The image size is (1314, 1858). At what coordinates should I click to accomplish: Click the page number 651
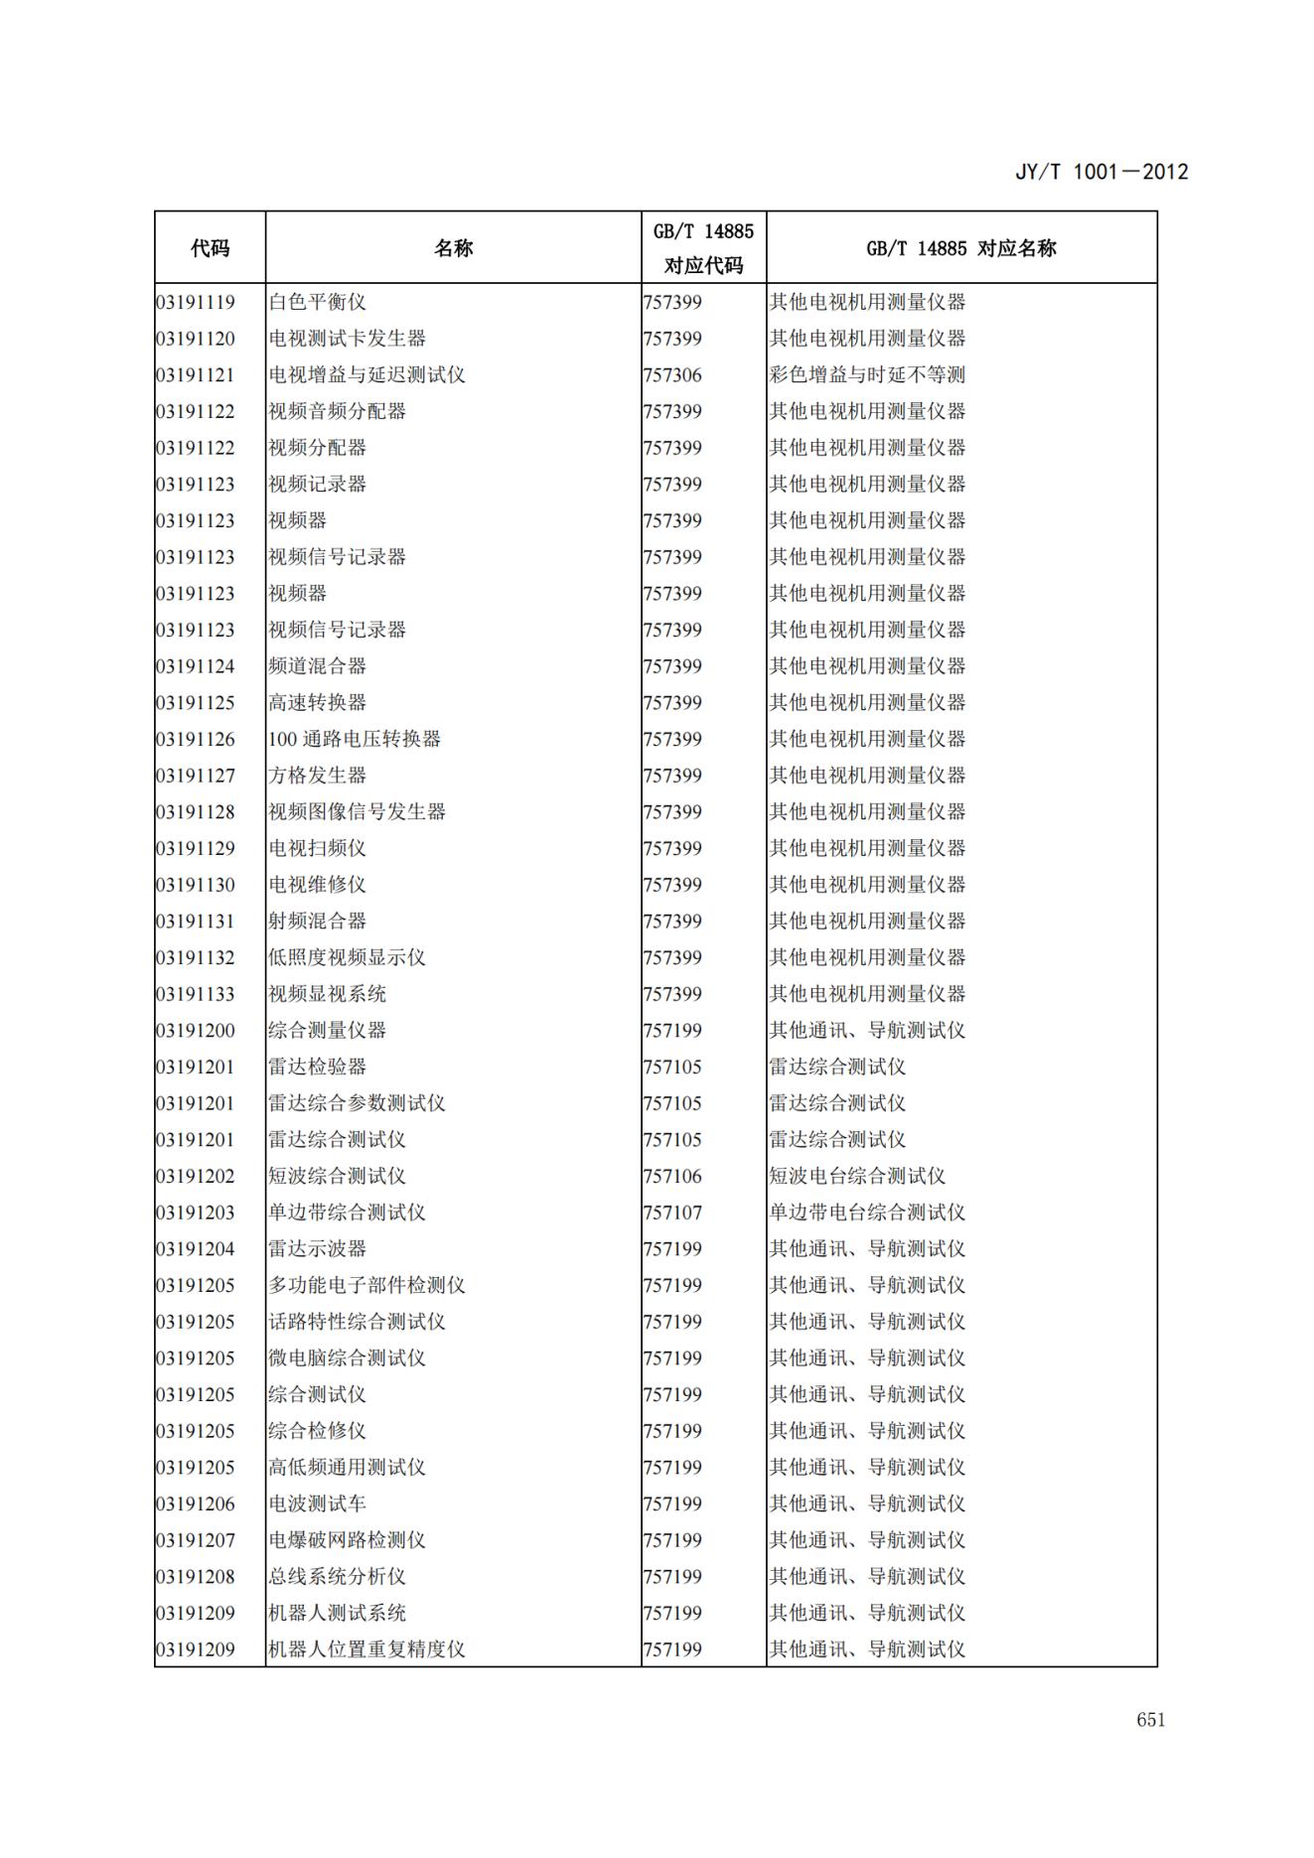click(x=1150, y=1720)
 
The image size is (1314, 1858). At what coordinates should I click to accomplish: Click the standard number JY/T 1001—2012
click(x=1100, y=172)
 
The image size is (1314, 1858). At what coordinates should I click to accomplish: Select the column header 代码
click(x=210, y=248)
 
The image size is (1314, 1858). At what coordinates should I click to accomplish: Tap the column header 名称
click(x=453, y=248)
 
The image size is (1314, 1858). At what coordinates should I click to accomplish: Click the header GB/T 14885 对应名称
click(x=960, y=248)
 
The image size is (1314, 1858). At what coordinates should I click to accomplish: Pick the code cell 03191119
click(x=196, y=302)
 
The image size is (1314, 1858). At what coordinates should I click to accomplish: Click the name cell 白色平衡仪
click(x=317, y=302)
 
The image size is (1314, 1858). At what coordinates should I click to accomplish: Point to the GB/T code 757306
click(x=672, y=375)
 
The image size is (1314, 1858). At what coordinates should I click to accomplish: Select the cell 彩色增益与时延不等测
click(x=866, y=375)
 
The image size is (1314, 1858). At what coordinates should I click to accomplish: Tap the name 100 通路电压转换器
click(x=355, y=739)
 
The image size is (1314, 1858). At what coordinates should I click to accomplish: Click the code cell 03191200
click(x=196, y=1031)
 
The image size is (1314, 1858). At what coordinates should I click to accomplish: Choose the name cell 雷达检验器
click(x=317, y=1067)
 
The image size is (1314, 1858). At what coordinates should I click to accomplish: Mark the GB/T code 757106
click(x=672, y=1176)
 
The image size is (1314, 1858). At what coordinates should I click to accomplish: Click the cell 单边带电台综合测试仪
click(x=866, y=1213)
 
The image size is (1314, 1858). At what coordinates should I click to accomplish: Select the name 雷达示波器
click(x=317, y=1249)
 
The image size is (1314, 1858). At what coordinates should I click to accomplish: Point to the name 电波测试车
click(x=317, y=1503)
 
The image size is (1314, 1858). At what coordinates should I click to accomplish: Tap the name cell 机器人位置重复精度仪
click(x=366, y=1649)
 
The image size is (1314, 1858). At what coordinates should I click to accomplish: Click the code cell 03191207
click(x=196, y=1540)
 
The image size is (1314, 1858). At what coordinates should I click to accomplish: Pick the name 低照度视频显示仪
click(x=347, y=957)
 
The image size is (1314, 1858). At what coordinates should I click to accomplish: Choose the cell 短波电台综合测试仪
click(x=856, y=1176)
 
